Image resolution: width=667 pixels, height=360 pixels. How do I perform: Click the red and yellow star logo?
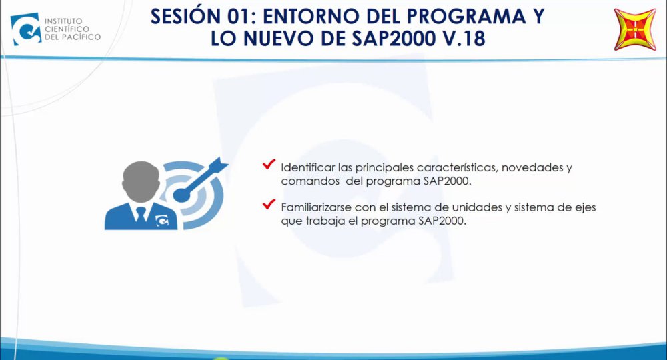tap(635, 29)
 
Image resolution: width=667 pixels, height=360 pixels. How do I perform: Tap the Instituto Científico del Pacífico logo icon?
tap(26, 29)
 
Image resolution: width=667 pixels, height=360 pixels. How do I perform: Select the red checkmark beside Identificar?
tap(269, 164)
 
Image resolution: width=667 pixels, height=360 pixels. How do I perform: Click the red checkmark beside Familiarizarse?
tap(269, 205)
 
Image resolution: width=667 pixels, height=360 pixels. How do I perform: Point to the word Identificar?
tap(307, 167)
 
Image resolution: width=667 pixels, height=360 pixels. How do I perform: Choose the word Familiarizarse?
tap(316, 207)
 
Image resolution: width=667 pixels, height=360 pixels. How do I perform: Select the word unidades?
tap(477, 207)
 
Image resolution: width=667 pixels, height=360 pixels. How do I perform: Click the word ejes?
tap(586, 208)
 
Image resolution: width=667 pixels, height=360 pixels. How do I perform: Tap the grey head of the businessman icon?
tap(141, 181)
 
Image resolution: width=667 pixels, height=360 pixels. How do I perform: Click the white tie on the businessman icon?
tap(141, 214)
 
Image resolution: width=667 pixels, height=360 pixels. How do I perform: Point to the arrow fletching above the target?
tap(219, 164)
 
